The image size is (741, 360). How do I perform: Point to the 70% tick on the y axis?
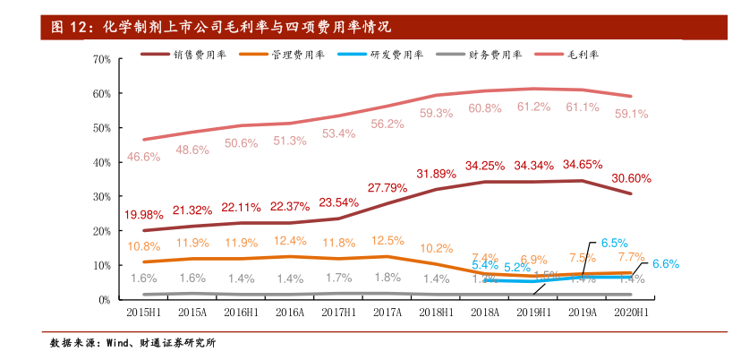[101, 59]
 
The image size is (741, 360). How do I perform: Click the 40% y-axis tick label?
[101, 162]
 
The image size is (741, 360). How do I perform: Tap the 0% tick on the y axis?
[104, 300]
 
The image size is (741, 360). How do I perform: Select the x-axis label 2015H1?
[143, 313]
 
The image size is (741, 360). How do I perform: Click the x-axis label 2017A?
[388, 313]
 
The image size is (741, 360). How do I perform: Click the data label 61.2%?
[533, 107]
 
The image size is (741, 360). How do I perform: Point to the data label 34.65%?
[583, 165]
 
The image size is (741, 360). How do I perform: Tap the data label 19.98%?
[143, 215]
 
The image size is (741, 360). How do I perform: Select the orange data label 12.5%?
[388, 240]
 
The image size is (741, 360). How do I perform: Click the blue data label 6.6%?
[665, 263]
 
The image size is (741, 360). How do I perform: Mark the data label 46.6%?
[143, 157]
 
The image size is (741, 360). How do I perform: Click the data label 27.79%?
[388, 187]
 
